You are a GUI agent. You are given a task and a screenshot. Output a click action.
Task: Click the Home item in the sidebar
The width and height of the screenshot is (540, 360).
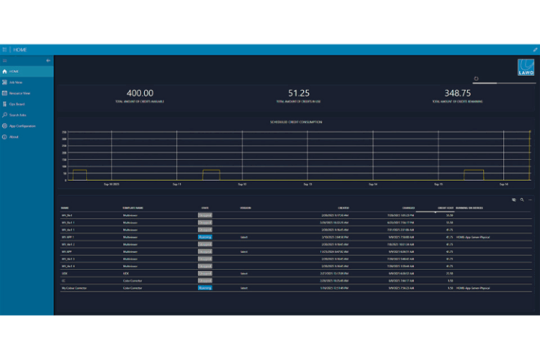pyautogui.click(x=14, y=70)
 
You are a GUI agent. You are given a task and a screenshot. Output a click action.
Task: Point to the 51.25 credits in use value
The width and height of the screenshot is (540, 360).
pyautogui.click(x=298, y=92)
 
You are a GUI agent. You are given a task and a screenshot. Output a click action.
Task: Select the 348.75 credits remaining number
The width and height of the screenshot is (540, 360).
pyautogui.click(x=457, y=92)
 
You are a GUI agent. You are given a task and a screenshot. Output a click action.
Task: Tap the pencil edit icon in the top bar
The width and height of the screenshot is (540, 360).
pyautogui.click(x=534, y=49)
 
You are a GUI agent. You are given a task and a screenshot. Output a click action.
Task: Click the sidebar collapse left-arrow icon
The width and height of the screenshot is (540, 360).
pyautogui.click(x=48, y=60)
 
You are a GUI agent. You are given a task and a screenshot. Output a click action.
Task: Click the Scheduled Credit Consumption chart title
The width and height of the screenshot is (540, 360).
pyautogui.click(x=295, y=121)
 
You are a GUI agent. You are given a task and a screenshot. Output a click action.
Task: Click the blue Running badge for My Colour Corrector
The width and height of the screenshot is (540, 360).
pyautogui.click(x=205, y=287)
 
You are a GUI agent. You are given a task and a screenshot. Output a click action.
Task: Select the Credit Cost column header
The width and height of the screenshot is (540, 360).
pyautogui.click(x=445, y=208)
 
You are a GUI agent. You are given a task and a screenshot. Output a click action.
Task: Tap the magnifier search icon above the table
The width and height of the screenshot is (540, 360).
pyautogui.click(x=521, y=199)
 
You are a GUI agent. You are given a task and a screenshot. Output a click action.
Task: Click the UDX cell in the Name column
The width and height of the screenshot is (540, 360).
pyautogui.click(x=65, y=274)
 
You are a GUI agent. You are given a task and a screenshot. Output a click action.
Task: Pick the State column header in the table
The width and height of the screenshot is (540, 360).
pyautogui.click(x=205, y=208)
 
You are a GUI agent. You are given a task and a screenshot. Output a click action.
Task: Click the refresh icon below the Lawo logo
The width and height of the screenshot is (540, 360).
pyautogui.click(x=476, y=78)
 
